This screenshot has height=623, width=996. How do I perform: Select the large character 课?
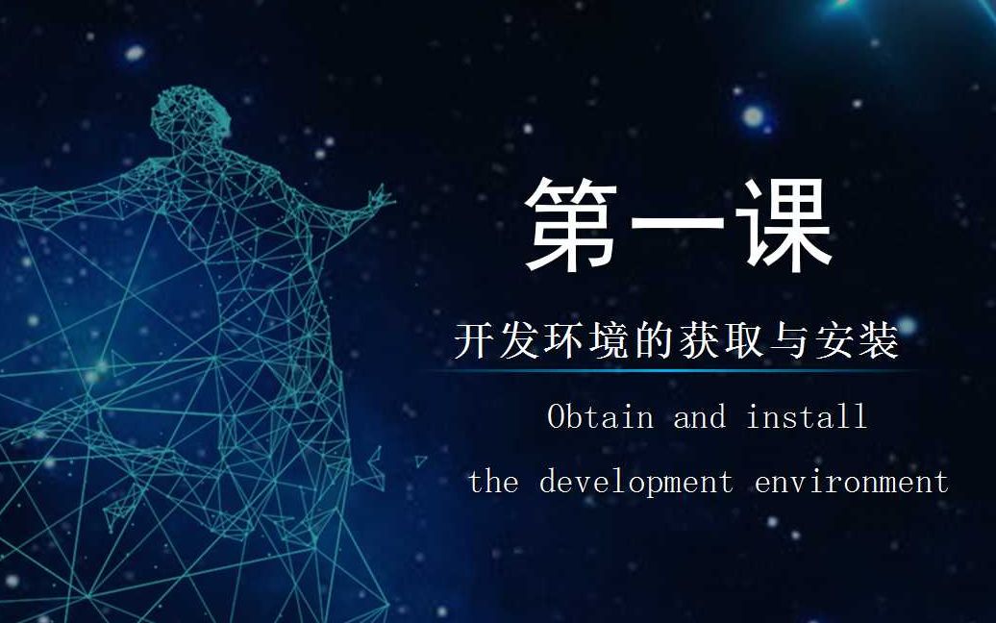(783, 224)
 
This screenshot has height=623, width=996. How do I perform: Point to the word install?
(807, 416)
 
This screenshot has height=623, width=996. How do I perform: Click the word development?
(635, 481)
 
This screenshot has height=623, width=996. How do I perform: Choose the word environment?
(852, 481)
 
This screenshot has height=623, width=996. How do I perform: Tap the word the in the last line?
(493, 481)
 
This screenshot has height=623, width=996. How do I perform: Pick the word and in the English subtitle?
(699, 416)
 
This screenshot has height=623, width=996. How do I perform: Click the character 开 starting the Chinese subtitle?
(475, 341)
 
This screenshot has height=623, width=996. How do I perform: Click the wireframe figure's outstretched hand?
(378, 200)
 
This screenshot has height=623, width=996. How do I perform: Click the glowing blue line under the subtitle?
(673, 370)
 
